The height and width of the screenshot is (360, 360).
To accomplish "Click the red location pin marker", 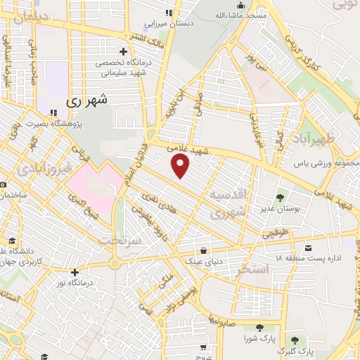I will click(181, 166).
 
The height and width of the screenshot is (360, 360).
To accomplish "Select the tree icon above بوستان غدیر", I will click(281, 198).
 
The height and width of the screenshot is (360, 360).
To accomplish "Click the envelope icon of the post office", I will click(309, 247).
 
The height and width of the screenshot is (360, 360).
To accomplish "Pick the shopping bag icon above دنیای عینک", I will click(203, 250).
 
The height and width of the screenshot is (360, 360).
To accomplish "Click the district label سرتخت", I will click(120, 240).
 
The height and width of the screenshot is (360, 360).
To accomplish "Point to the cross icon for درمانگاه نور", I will click(75, 271).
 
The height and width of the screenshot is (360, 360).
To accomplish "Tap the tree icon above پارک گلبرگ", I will click(304, 339).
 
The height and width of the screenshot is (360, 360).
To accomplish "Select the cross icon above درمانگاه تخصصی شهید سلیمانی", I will click(124, 51).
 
